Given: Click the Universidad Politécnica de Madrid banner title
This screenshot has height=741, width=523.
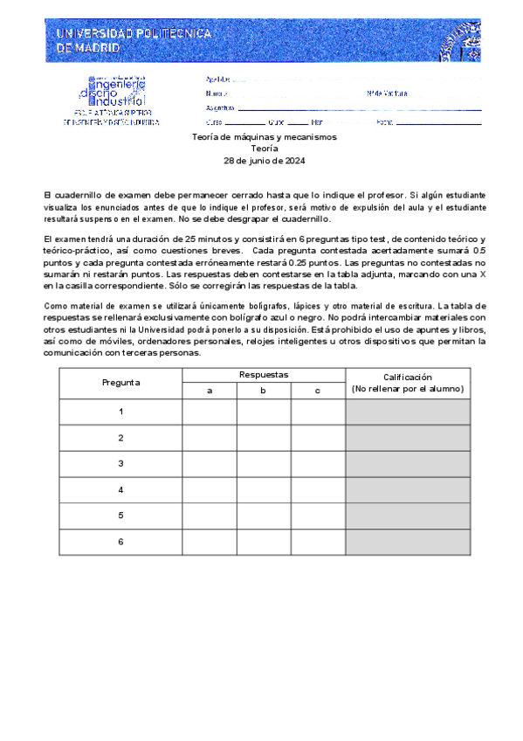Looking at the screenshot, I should (133, 40).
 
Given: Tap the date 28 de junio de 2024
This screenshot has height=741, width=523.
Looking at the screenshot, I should (264, 161).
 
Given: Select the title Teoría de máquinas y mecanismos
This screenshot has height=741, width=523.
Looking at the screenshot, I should (264, 138).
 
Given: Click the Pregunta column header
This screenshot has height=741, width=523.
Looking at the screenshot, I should (120, 383).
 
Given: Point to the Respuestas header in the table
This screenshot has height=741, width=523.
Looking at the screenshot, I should (264, 375).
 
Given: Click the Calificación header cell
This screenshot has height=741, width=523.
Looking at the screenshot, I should (408, 383).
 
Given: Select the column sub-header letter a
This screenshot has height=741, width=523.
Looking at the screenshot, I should (210, 390).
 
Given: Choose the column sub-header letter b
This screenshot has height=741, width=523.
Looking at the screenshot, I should (264, 390).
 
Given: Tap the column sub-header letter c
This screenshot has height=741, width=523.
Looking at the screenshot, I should (318, 390).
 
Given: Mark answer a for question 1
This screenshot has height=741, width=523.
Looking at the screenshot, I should (210, 412).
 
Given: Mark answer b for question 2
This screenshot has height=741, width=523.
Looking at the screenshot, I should (264, 438).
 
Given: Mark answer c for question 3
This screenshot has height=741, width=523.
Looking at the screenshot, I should (318, 464).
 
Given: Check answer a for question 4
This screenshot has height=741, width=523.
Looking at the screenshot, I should (210, 490).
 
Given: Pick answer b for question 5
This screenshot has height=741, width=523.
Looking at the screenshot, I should (264, 516).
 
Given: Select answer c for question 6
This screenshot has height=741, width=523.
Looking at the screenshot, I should (318, 543).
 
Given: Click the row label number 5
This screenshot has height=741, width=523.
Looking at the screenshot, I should (120, 516).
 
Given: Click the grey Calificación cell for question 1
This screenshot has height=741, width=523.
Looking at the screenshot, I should (408, 412).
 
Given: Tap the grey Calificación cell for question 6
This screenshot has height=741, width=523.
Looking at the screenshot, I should (408, 543).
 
